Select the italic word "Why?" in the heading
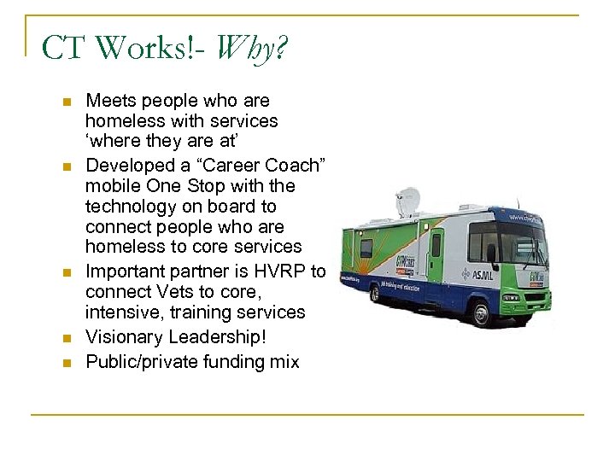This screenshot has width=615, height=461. click(253, 50)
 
